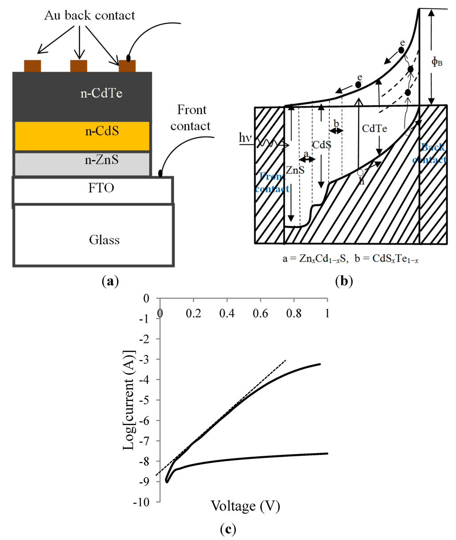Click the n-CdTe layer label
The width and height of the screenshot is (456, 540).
pyautogui.click(x=101, y=94)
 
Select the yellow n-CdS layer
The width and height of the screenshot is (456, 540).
pyautogui.click(x=82, y=135)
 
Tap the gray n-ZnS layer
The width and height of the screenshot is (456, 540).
pyautogui.click(x=82, y=164)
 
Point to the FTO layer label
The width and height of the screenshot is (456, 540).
pyautogui.click(x=101, y=188)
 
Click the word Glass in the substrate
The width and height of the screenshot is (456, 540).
pyautogui.click(x=104, y=240)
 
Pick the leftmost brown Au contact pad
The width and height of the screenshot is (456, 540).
pyautogui.click(x=33, y=66)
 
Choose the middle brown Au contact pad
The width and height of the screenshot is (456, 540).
pyautogui.click(x=79, y=66)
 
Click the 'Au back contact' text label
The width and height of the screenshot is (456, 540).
pyautogui.click(x=90, y=16)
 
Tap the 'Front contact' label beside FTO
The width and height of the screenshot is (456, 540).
pyautogui.click(x=191, y=118)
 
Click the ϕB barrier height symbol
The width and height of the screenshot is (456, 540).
pyautogui.click(x=437, y=61)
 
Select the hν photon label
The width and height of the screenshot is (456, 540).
pyautogui.click(x=245, y=138)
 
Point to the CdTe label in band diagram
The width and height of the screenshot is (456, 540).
pyautogui.click(x=375, y=129)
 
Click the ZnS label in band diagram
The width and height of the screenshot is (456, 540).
pyautogui.click(x=295, y=170)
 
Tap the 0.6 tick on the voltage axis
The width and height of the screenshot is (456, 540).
pyautogui.click(x=261, y=314)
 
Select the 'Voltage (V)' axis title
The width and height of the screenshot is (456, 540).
pyautogui.click(x=245, y=506)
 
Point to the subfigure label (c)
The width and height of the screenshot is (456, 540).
pyautogui.click(x=228, y=529)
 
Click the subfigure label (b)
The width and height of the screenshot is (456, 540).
pyautogui.click(x=343, y=281)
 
